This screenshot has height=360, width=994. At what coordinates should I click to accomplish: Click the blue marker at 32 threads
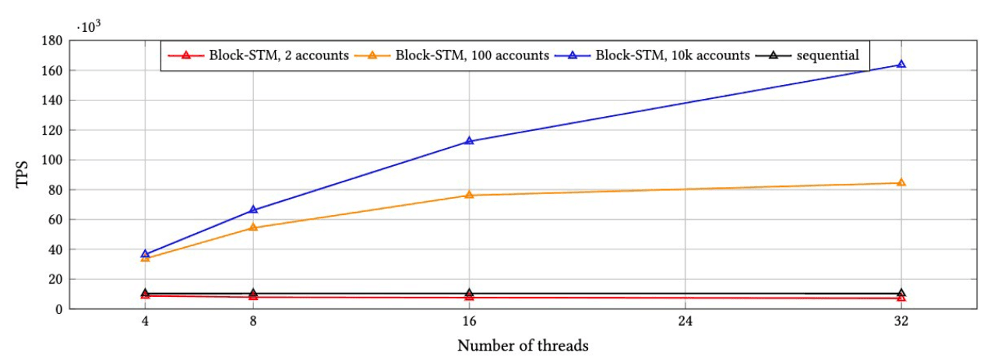click(901, 65)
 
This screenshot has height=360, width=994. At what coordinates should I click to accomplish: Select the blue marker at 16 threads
click(469, 141)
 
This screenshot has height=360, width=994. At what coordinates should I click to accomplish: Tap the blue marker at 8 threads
click(253, 210)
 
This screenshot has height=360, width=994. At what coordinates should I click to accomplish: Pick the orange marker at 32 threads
click(901, 182)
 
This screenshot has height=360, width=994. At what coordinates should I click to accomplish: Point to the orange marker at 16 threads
click(469, 195)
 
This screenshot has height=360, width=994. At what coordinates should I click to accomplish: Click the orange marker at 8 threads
click(253, 228)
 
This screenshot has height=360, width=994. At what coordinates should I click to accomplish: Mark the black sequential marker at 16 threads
click(469, 293)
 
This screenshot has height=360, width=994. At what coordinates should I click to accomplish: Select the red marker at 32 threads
click(901, 298)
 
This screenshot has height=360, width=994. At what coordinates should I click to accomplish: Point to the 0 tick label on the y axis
click(59, 309)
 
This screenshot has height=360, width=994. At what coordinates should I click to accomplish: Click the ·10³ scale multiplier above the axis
click(87, 26)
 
